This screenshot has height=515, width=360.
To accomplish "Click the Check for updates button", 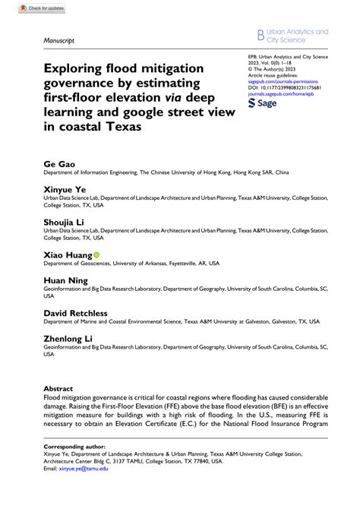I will tap(36, 8).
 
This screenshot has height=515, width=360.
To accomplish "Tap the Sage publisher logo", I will tap(267, 102).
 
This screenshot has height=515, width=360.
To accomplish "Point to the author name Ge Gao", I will tap(58, 163).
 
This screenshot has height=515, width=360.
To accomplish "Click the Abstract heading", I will tap(58, 387).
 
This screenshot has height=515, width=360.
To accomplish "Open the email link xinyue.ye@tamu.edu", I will tap(86, 469).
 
